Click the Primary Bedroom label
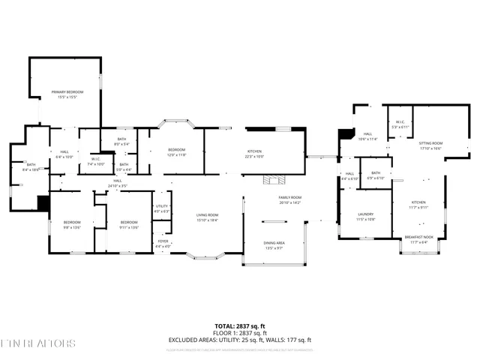coord(67,94)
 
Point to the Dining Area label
coord(274,245)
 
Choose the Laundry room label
coord(364,217)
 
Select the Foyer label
coord(163,243)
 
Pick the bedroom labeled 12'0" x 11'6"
coord(176,152)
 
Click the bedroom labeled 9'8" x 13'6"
coord(72,224)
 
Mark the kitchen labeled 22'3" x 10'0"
coord(254,154)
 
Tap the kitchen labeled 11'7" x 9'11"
coord(418,205)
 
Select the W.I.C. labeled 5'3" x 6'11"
coord(400,124)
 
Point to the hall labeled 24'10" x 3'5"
coord(118,182)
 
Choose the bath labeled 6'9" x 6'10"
coord(376,175)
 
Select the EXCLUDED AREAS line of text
coord(239,340)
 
